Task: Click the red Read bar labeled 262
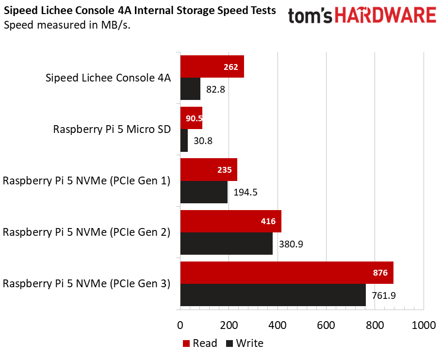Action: coord(212,66)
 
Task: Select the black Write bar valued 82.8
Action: coord(190,89)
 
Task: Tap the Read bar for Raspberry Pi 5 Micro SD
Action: coord(191,118)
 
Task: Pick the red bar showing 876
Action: coord(287,273)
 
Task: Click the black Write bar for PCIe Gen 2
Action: coord(227,244)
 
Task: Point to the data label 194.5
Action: coord(245,192)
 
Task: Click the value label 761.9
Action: coord(383,295)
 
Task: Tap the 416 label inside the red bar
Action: coord(268,221)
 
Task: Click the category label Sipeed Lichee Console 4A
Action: coord(108,78)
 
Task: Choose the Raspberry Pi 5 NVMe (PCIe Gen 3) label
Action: coord(86,283)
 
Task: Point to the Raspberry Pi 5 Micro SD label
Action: coord(112,130)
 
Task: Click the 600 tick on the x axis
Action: coord(326,325)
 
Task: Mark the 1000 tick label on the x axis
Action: coord(424,325)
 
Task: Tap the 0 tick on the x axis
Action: coord(180,325)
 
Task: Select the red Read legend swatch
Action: coord(186,344)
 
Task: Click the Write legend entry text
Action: coord(249,344)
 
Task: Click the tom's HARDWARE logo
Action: coord(361,16)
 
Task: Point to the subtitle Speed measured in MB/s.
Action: coord(67,25)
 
